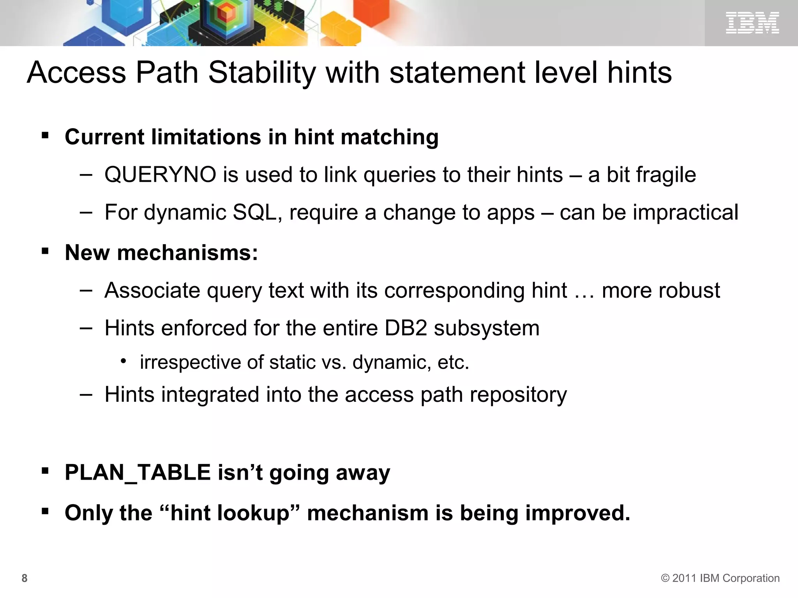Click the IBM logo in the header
pos(752,23)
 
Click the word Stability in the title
pos(262,73)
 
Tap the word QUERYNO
pos(160,175)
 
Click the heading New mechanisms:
pos(161,253)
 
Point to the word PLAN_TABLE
pos(138,473)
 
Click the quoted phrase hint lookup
pos(230,513)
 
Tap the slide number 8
pos(25,578)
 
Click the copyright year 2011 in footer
pos(685,578)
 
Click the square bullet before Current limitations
pos(45,136)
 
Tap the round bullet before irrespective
pos(123,362)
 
